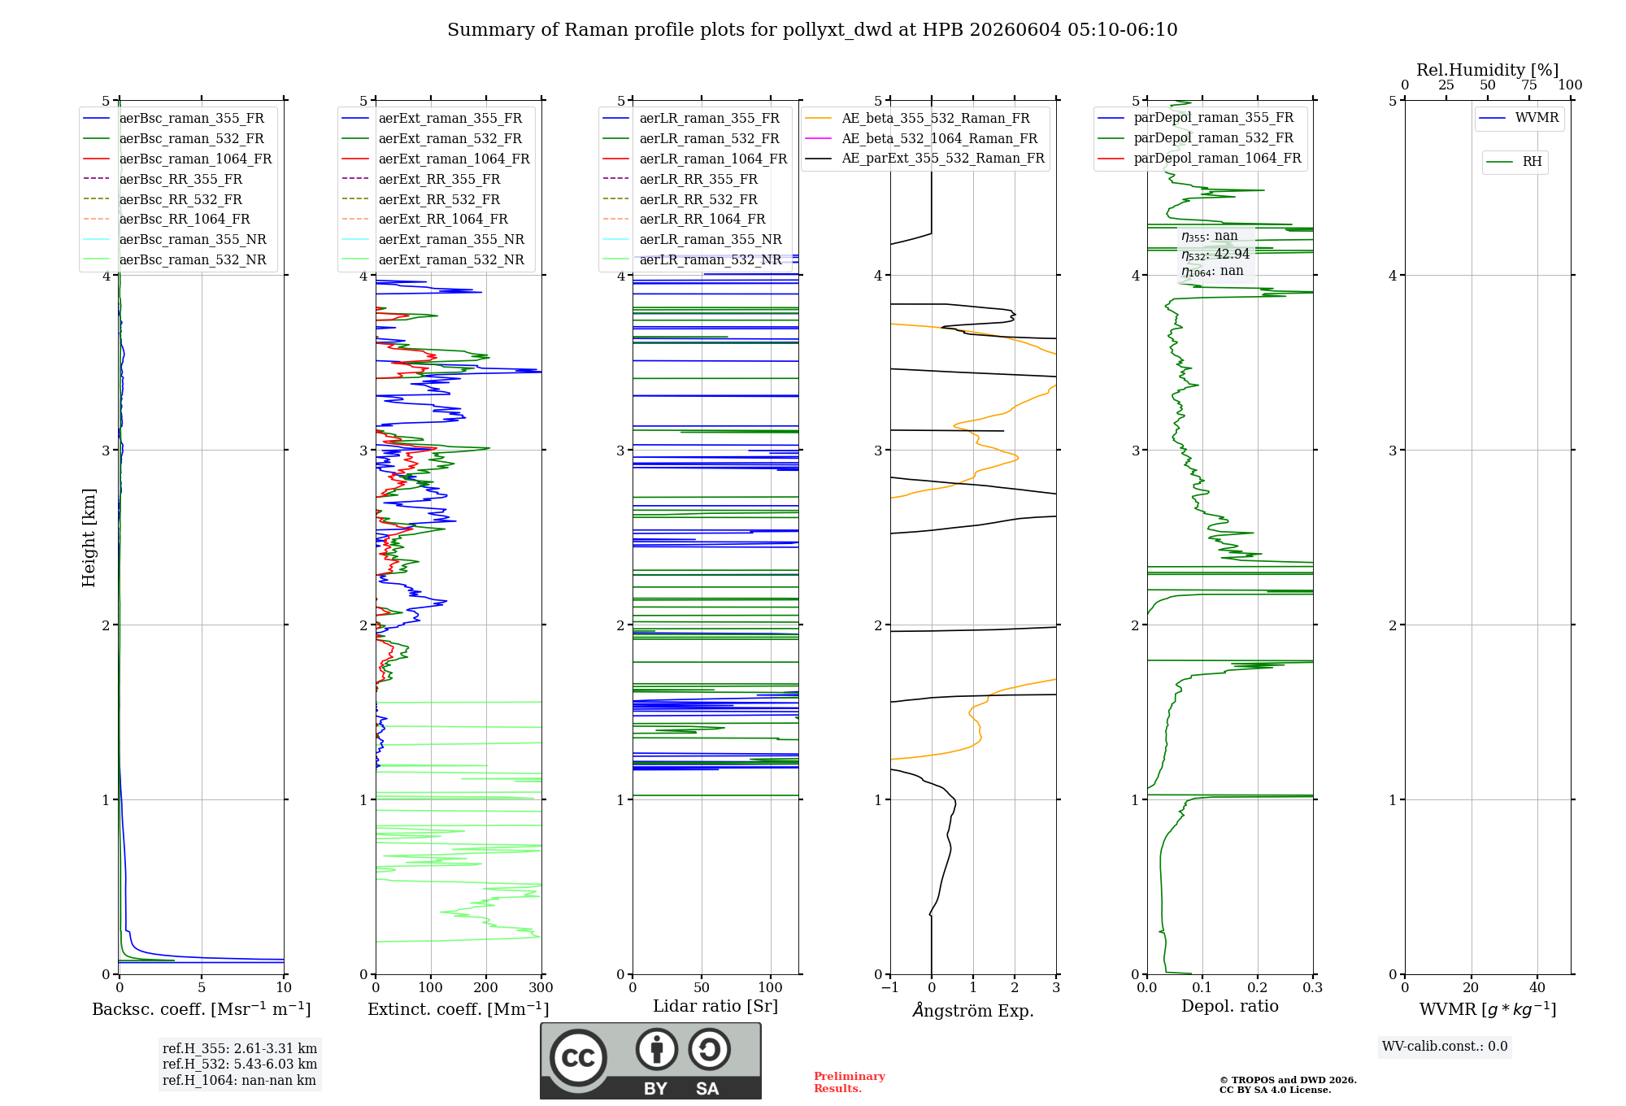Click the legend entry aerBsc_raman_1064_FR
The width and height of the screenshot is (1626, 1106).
[177, 159]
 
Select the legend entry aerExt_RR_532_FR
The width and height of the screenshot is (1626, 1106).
[421, 199]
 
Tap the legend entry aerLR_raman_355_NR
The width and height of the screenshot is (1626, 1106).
[692, 239]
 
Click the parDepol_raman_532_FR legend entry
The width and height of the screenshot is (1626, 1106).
[1195, 138]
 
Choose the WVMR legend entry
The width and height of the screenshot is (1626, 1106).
[1519, 118]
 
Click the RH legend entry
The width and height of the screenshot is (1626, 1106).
[1514, 162]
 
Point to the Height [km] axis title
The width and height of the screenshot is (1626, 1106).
[89, 538]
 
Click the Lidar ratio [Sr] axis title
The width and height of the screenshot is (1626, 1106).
[715, 1006]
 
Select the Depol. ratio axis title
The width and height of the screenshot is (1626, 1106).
[1230, 1006]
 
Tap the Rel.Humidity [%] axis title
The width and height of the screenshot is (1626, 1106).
[1488, 70]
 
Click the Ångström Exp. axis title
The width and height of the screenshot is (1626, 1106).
[973, 1010]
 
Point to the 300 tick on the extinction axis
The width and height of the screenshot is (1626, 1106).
[541, 987]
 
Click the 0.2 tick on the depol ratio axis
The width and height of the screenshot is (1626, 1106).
[1258, 987]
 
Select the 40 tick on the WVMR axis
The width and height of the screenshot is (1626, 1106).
[1537, 987]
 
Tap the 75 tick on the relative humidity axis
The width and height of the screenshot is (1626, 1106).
[1529, 85]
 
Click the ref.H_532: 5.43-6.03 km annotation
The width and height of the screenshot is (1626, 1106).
[240, 1064]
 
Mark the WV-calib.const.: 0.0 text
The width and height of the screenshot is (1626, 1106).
[1445, 1047]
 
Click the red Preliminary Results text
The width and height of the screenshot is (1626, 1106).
[850, 1082]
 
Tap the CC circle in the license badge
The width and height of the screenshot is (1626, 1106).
[578, 1058]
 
